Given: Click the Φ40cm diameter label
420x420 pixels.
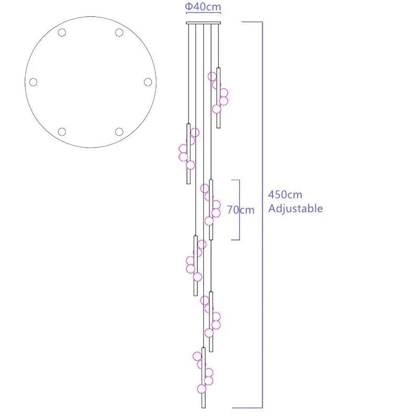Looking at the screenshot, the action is (x=203, y=7).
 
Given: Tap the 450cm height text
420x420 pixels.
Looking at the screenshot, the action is (x=285, y=195).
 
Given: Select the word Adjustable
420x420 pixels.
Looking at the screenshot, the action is (x=296, y=208).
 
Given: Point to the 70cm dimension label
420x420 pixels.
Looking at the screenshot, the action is (x=240, y=210).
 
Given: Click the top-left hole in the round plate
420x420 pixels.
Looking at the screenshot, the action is (x=62, y=33).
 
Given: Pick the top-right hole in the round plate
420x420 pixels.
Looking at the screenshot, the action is (x=119, y=33).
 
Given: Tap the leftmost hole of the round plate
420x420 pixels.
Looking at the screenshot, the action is (x=33, y=82).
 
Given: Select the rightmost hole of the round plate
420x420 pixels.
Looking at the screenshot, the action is (x=148, y=82).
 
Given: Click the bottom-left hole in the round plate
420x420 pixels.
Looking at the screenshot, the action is (x=62, y=132).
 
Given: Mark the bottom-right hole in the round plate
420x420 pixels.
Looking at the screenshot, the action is (x=119, y=132).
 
